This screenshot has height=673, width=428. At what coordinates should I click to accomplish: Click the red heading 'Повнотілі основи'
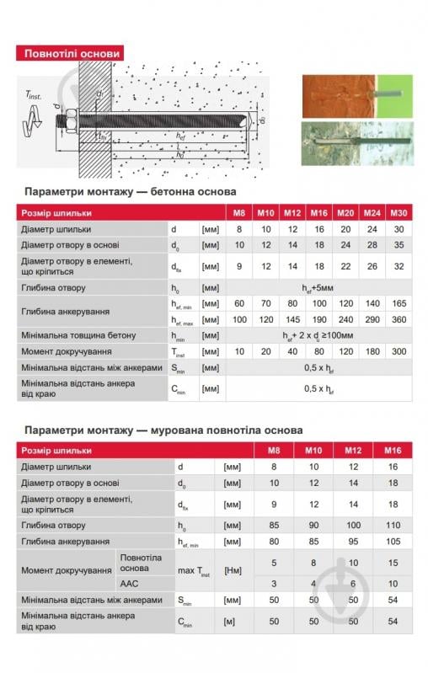point(72,53)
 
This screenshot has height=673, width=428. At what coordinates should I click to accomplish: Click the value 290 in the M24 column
point(372,319)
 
